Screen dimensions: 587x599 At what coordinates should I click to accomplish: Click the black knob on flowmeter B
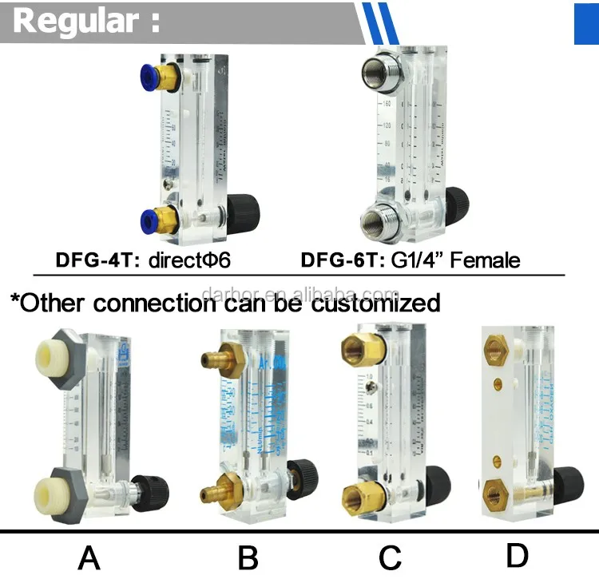click(303, 476)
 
